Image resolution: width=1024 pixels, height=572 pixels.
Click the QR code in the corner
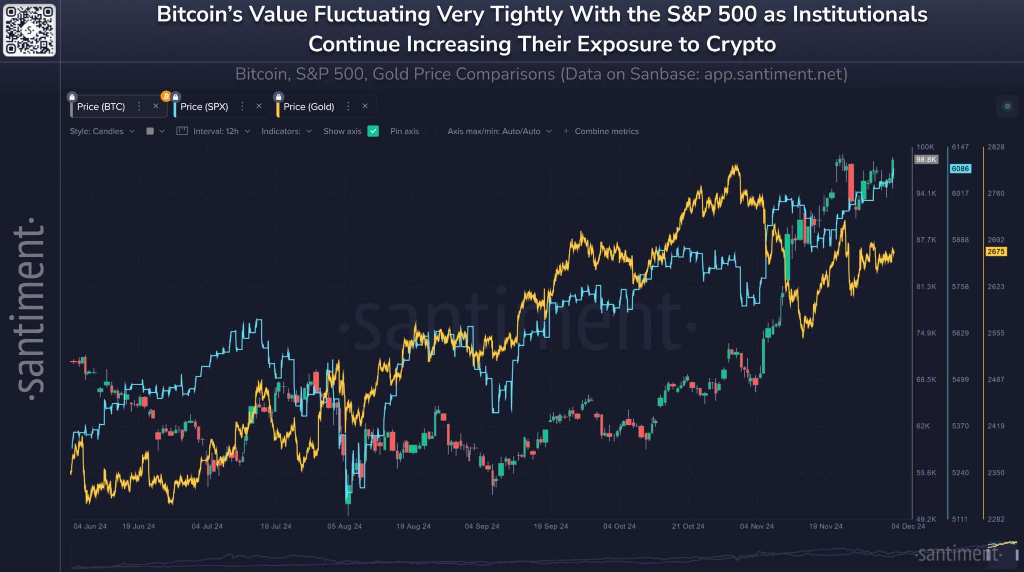[x=29, y=30]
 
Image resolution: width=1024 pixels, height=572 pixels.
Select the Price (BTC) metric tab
[x=101, y=107]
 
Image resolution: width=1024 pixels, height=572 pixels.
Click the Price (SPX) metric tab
[x=204, y=107]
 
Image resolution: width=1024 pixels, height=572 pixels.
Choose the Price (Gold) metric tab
[x=308, y=107]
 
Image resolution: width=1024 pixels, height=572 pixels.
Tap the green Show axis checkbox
[x=373, y=131]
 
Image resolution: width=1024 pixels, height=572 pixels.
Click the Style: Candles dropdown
[x=102, y=131]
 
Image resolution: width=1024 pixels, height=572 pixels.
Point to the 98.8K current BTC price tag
[x=926, y=160]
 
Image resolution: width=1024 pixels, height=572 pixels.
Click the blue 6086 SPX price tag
[x=960, y=169]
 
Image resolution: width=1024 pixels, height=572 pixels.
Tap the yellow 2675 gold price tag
[x=996, y=252]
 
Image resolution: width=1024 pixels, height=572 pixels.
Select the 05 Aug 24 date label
[x=344, y=526]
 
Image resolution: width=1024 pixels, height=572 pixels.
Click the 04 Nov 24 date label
[x=756, y=526]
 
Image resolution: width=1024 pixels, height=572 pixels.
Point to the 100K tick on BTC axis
[x=925, y=147]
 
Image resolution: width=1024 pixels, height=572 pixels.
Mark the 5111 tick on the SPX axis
[x=960, y=519]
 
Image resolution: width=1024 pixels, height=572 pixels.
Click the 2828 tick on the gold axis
[x=996, y=147]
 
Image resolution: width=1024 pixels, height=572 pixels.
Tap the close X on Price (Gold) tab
[x=365, y=106]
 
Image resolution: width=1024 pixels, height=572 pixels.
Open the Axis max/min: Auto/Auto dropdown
[x=499, y=131]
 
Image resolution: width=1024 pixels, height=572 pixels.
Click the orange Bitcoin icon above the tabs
[x=166, y=96]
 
